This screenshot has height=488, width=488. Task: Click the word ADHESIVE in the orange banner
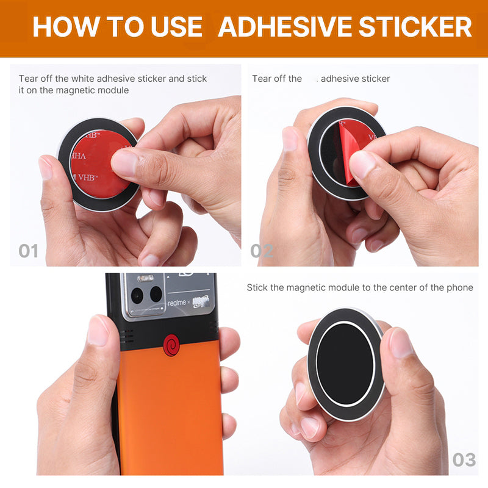pyautogui.click(x=285, y=27)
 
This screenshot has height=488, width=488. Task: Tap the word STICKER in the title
pyautogui.click(x=415, y=27)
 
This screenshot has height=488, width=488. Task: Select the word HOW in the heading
pyautogui.click(x=66, y=27)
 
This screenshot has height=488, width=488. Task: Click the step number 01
pyautogui.click(x=28, y=251)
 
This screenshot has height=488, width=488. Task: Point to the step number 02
pyautogui.click(x=262, y=251)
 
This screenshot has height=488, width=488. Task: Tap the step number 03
pyautogui.click(x=464, y=460)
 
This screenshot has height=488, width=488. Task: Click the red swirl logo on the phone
pyautogui.click(x=171, y=345)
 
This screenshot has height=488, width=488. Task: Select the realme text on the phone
pyautogui.click(x=177, y=303)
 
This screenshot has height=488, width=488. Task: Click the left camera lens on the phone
pyautogui.click(x=137, y=295)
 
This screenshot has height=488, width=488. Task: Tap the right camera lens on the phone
pyautogui.click(x=156, y=294)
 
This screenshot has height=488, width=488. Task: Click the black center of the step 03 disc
pyautogui.click(x=345, y=364)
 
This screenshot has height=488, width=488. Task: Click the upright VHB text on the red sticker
pyautogui.click(x=87, y=178)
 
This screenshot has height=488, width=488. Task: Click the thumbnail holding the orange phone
pyautogui.click(x=98, y=331)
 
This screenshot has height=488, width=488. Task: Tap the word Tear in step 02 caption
pyautogui.click(x=262, y=79)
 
